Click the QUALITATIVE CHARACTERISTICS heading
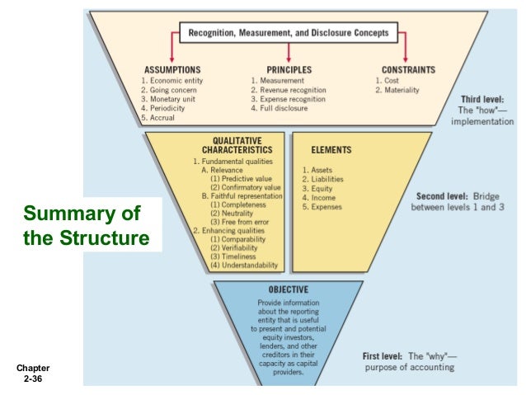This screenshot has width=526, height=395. [x=233, y=146]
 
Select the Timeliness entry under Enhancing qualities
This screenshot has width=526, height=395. [x=238, y=256]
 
